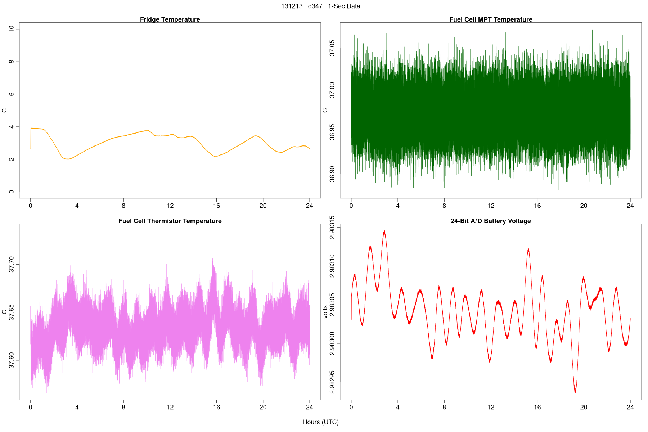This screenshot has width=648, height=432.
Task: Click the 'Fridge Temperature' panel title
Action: [x=170, y=19]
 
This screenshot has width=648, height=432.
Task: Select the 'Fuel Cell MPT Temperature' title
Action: [x=490, y=19]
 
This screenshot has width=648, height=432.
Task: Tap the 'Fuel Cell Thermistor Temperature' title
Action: [x=170, y=221]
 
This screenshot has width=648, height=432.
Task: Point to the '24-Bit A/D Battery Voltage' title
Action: [x=490, y=221]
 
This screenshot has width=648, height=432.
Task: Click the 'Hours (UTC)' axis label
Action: [x=320, y=422]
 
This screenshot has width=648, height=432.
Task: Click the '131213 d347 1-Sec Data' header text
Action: [x=320, y=6]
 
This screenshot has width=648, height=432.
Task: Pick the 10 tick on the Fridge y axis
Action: [x=12, y=28]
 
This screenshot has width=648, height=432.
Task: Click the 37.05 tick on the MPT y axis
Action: [x=332, y=48]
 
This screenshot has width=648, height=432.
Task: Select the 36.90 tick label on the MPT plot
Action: [x=332, y=174]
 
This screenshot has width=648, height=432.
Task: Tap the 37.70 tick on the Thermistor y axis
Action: [x=12, y=265]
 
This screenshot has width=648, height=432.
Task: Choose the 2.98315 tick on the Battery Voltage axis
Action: [x=332, y=227]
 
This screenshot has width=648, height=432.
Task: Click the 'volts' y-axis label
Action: [x=325, y=312]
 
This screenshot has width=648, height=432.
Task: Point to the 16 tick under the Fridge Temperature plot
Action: [x=216, y=206]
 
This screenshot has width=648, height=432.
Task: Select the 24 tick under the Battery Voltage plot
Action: [x=630, y=407]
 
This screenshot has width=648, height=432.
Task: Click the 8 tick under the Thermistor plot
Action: [x=123, y=407]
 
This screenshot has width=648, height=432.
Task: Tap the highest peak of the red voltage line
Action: [x=384, y=231]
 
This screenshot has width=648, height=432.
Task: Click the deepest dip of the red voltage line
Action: [x=575, y=392]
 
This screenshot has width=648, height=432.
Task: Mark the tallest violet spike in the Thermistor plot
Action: [x=213, y=231]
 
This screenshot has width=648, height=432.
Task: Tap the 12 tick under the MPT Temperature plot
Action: [x=491, y=206]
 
